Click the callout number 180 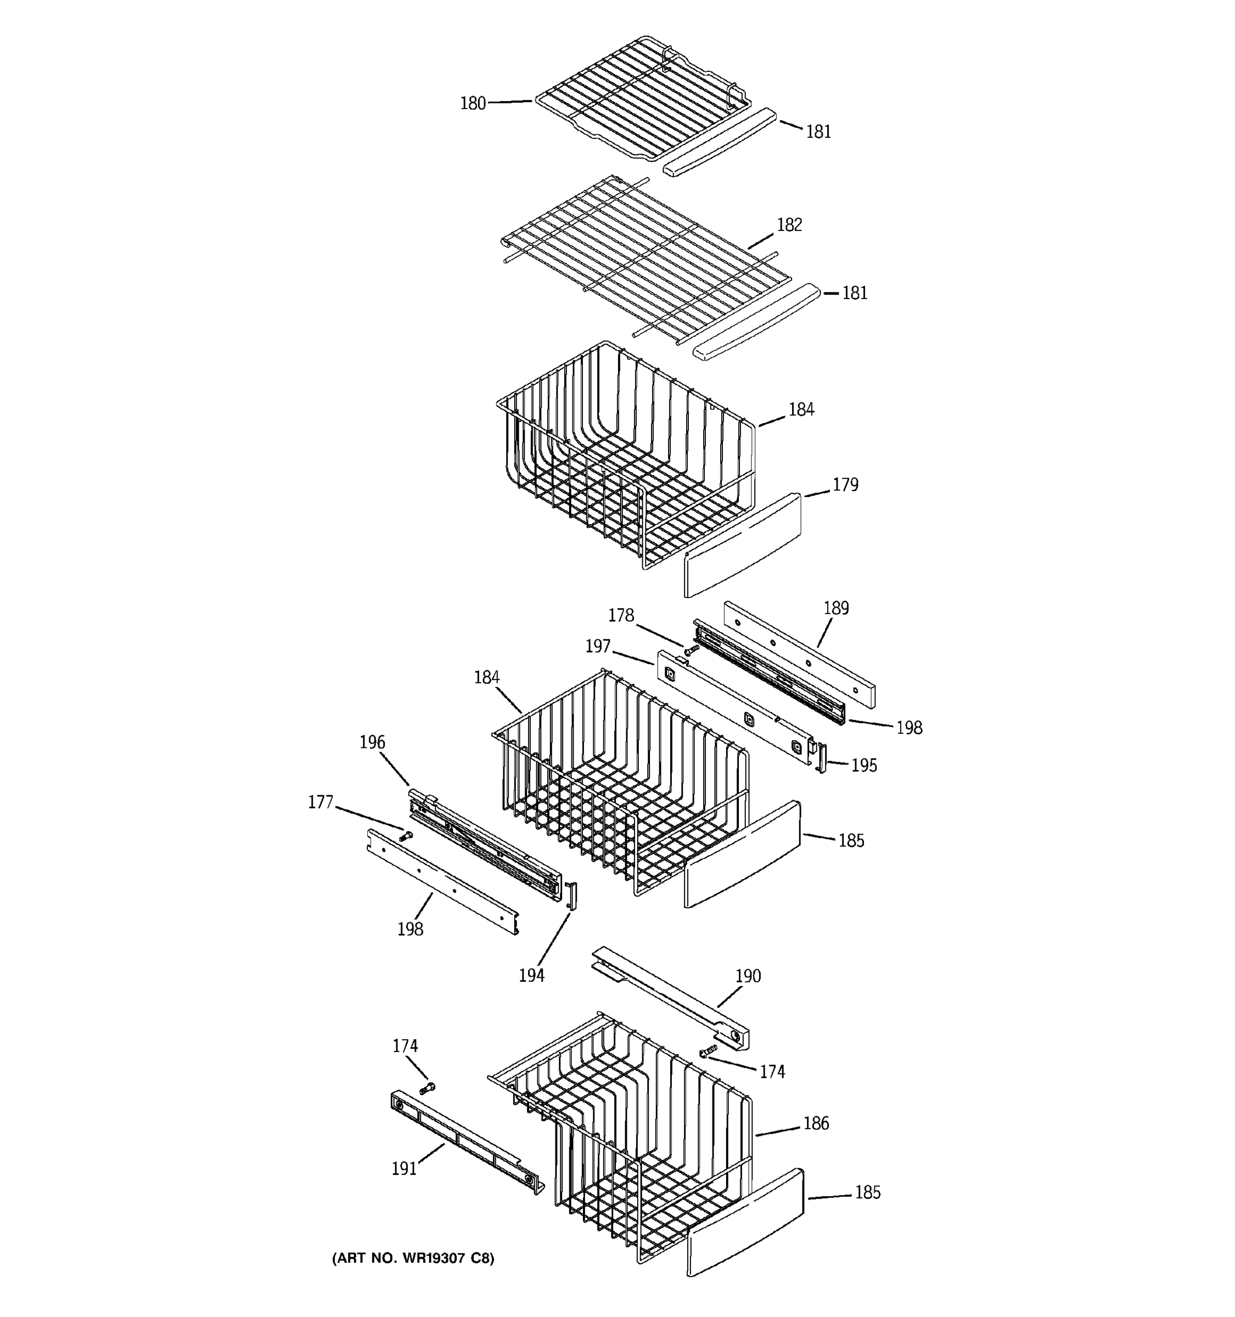(x=473, y=103)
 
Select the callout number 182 (x=789, y=225)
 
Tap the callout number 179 (x=845, y=485)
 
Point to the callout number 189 (x=836, y=608)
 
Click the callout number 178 (x=621, y=616)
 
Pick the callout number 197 (x=598, y=646)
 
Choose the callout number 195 (x=864, y=766)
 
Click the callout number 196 (x=372, y=742)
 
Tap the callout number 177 (x=321, y=803)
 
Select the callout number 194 (x=531, y=976)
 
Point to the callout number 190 (x=748, y=976)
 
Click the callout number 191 (x=404, y=1169)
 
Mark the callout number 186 (x=816, y=1123)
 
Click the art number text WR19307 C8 (x=413, y=1258)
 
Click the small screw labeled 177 (x=405, y=836)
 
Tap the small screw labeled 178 (x=691, y=651)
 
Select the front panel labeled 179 (x=742, y=544)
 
